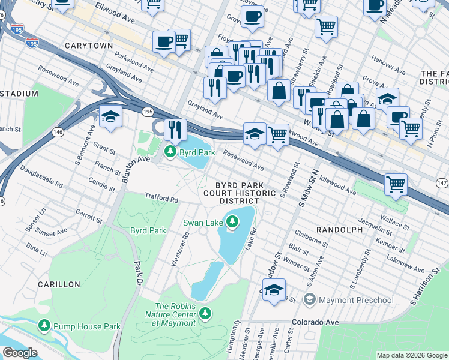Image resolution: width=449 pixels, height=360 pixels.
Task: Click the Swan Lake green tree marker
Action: coord(232,224)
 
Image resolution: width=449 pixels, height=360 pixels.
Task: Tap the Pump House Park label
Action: coord(86,326)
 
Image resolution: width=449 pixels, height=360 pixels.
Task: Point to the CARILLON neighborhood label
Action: coord(59,284)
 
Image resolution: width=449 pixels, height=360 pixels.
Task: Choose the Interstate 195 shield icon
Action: coord(32,42)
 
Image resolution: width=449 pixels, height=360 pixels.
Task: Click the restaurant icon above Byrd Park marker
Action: coord(175,129)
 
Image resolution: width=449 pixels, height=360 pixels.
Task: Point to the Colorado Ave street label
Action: coord(315,322)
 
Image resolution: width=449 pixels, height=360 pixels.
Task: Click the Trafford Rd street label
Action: coord(161,199)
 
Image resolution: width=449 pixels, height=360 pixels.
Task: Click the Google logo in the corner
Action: coord(20,353)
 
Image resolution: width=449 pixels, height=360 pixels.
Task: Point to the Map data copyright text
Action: coord(411,355)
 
